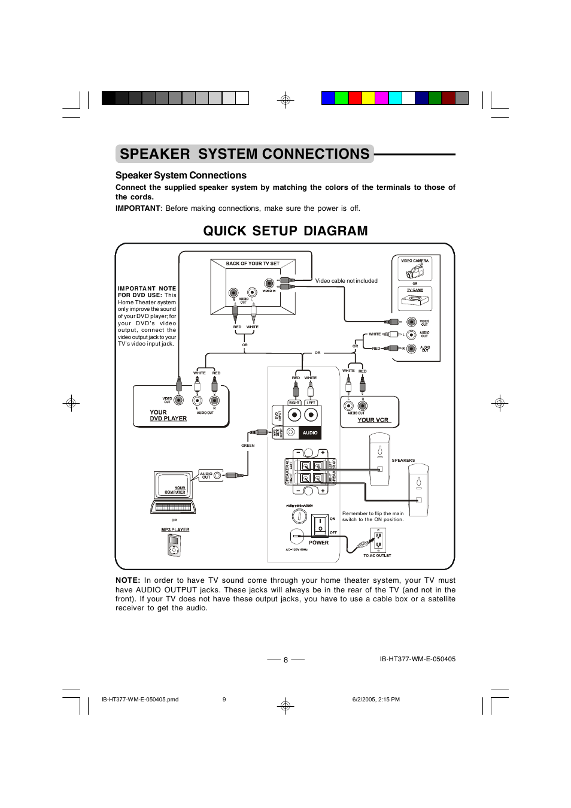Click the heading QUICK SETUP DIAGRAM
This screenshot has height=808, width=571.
pos(285,231)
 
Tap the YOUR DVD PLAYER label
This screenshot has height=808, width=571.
pos(168,416)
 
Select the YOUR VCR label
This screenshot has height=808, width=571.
pos(373,420)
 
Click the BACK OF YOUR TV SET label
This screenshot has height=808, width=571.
pos(253,264)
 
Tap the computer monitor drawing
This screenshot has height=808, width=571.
pos(173,487)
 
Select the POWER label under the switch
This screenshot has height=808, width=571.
pos(318,543)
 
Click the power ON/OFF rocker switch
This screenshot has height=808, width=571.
pos(320,525)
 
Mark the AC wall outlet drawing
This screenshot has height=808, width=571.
pos(378,540)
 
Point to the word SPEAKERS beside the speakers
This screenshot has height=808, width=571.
pos(403,461)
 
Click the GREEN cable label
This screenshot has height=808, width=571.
pos(248,446)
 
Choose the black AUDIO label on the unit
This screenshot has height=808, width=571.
pos(310,432)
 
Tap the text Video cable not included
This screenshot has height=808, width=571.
pos(346,281)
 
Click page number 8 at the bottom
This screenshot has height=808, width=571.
pos(285,660)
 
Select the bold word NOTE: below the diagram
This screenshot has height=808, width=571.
pos(127,580)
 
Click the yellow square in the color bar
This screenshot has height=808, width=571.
pos(368,98)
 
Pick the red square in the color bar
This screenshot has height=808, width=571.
pos(355,98)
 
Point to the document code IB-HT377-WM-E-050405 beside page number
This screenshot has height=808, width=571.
pos(417,659)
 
